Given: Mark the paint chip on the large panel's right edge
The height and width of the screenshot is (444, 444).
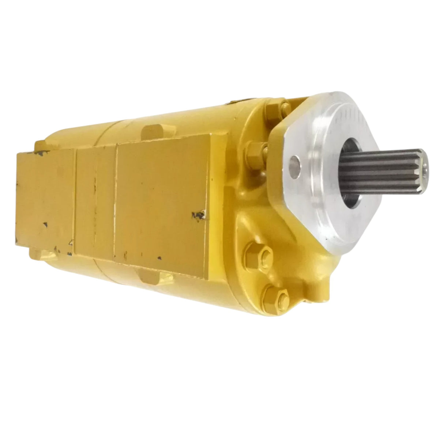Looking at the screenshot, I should click(x=200, y=213).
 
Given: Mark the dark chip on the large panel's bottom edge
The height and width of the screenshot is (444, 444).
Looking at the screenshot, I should click(x=159, y=258).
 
